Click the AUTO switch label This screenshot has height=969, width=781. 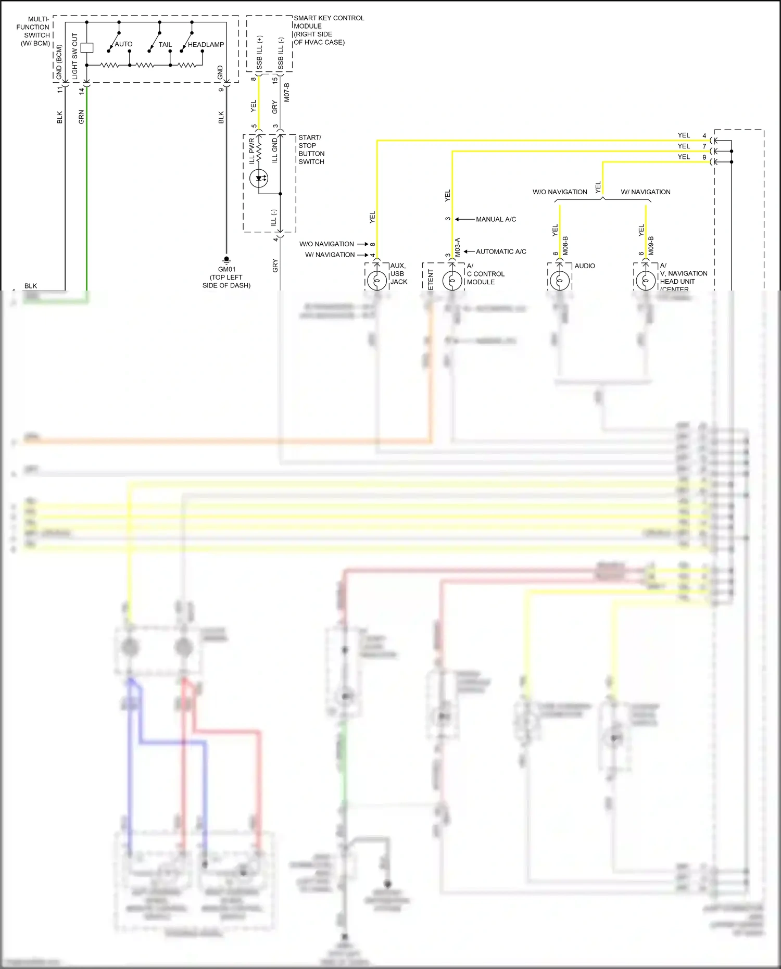[123, 44]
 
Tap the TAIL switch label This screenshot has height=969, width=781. [165, 45]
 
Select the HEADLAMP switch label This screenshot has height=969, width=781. [206, 45]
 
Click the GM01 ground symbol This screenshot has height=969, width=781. [226, 259]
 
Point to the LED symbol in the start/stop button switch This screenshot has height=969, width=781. [259, 179]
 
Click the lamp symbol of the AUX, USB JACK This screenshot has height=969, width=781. [377, 281]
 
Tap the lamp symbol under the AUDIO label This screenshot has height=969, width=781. [560, 281]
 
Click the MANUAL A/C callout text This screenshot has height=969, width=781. [496, 219]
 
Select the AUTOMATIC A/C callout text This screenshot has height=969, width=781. [501, 251]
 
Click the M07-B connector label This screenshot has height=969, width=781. [287, 92]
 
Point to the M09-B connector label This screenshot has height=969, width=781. [651, 246]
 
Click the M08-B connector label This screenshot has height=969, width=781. [565, 246]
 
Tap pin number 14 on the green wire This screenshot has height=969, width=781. [82, 91]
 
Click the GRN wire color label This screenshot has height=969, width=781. [81, 117]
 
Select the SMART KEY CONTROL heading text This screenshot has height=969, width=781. [329, 18]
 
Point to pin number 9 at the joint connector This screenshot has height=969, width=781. [704, 157]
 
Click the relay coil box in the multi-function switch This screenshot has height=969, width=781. [87, 47]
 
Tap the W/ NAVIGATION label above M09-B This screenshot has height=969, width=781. [646, 192]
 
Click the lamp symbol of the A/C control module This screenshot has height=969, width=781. [452, 281]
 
